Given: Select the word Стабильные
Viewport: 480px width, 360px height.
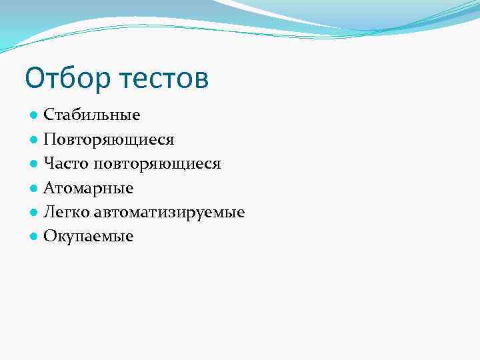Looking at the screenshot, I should point(92,115).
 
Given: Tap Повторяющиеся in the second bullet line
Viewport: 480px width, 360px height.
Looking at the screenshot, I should point(109,140).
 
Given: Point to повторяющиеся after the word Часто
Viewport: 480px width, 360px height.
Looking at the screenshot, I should point(157,164).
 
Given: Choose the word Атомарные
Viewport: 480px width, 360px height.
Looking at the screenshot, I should point(89,189).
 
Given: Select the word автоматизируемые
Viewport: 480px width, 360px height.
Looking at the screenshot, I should point(170,213).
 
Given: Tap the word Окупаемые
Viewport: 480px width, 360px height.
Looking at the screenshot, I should point(89,237).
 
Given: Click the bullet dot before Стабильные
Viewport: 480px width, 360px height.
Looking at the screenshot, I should point(33,116).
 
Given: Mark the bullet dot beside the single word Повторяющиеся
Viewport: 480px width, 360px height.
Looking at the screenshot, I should point(33,140).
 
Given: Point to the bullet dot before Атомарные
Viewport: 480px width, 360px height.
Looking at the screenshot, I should point(33,189).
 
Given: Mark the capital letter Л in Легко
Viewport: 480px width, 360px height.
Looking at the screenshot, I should point(49,213).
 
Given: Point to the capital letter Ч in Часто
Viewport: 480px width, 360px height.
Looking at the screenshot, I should point(49,164).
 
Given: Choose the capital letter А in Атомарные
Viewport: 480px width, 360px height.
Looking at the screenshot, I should point(49,189).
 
